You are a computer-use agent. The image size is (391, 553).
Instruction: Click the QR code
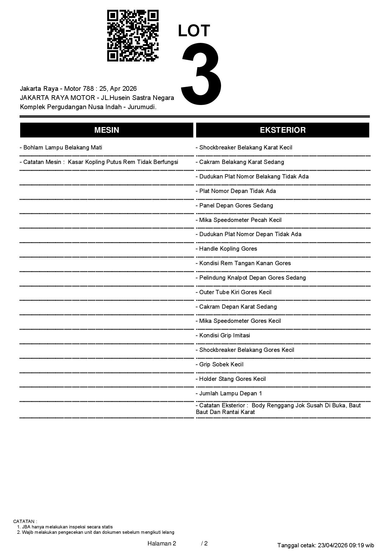pos(133,36)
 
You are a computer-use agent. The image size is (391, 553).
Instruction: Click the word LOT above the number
pos(194,31)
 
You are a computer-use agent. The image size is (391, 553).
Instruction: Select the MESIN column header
pos(107,130)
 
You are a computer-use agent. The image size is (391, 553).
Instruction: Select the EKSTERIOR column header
pos(283,130)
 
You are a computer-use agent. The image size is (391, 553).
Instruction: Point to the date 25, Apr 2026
pos(118,89)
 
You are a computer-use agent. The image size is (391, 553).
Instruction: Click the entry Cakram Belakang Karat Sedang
pos(241,162)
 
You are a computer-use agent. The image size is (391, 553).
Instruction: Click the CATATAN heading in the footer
pos(25,521)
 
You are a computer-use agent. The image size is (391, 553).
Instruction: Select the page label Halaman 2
pos(162,543)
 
